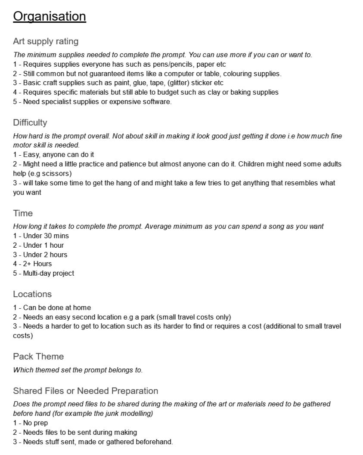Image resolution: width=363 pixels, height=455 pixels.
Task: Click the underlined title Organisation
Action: click(x=50, y=16)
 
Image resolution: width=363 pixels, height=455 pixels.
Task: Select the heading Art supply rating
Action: click(x=46, y=41)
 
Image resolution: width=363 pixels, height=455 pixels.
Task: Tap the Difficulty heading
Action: click(x=30, y=123)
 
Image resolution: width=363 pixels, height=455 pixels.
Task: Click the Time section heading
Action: click(x=23, y=213)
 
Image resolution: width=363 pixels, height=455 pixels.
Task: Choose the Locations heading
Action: click(x=32, y=294)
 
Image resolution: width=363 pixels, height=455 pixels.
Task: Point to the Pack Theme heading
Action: click(x=38, y=357)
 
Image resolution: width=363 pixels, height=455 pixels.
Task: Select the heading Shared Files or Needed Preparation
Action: click(x=85, y=391)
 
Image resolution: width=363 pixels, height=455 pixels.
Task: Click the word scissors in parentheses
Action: click(x=56, y=173)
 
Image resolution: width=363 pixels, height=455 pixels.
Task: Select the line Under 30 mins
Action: click(x=41, y=236)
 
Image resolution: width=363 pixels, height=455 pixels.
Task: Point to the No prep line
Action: click(x=31, y=423)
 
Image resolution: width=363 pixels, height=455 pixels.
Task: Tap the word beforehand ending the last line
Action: click(x=155, y=442)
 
